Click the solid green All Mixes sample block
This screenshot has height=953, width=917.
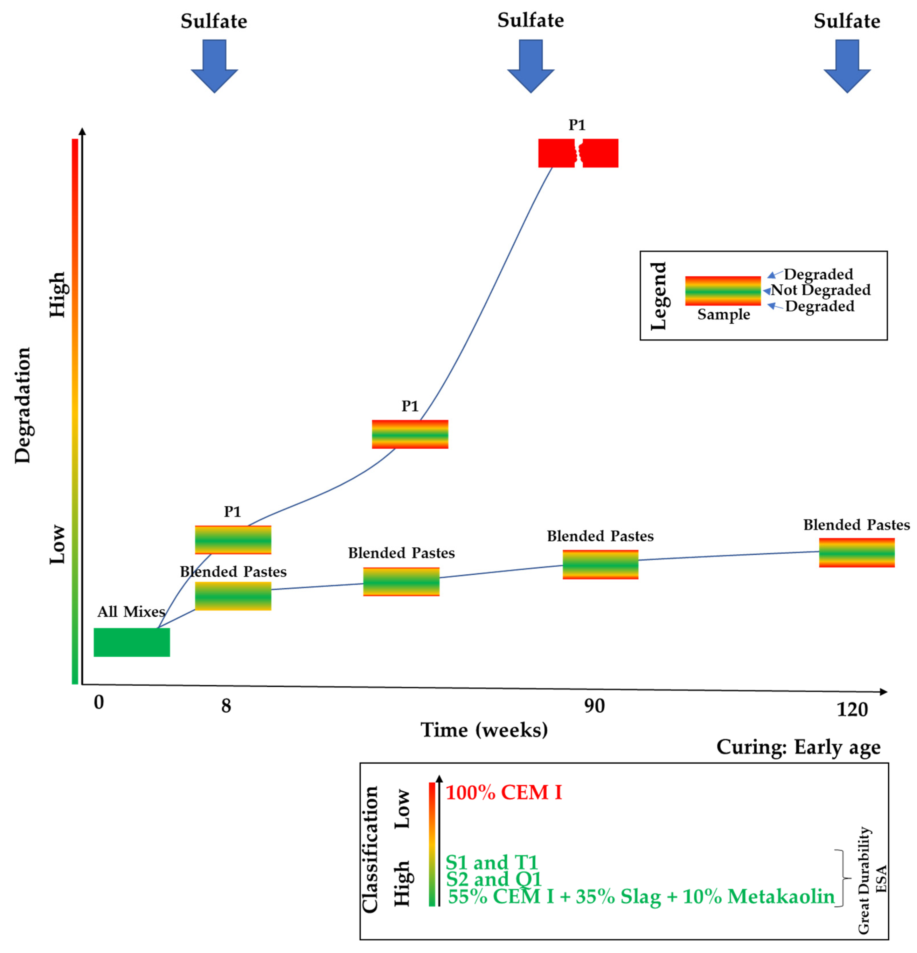[x=132, y=642]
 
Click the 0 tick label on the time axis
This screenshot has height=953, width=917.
[x=99, y=703]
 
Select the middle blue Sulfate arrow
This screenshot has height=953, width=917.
[x=530, y=66]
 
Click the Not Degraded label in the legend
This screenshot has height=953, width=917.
[x=820, y=290]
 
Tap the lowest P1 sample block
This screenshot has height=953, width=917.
[x=233, y=540]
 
